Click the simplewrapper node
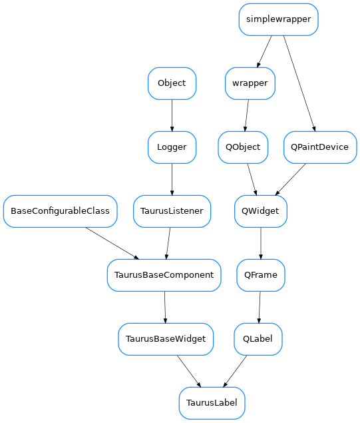(278, 19)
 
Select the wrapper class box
(250, 83)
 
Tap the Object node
(172, 83)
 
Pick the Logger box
(172, 147)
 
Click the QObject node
(243, 147)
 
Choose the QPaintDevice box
(319, 147)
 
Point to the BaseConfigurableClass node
(61, 211)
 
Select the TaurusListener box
(172, 211)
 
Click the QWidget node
(261, 211)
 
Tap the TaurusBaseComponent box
(164, 275)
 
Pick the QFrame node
(261, 275)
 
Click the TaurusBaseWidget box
(166, 339)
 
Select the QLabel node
(258, 339)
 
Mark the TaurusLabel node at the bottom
(212, 403)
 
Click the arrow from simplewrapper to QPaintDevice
(298, 83)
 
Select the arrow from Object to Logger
(172, 115)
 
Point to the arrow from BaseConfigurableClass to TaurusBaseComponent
(112, 243)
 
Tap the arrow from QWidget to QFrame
(261, 243)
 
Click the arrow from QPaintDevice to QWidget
(290, 179)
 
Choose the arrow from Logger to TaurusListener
(172, 179)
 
